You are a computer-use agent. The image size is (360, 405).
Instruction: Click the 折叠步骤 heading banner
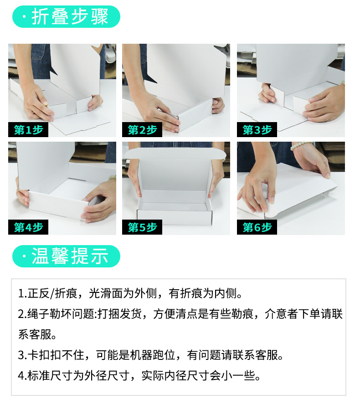(x=66, y=16)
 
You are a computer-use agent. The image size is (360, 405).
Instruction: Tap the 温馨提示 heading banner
(x=66, y=256)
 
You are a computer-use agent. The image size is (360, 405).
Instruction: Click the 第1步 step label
(x=28, y=129)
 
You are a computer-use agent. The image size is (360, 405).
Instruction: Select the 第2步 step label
(x=142, y=129)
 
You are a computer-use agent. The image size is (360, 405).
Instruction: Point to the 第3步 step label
(x=257, y=129)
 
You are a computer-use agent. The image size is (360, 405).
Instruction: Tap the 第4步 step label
(x=28, y=227)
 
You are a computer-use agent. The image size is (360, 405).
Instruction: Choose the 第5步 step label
(x=142, y=227)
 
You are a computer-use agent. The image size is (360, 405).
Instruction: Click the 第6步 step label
(x=257, y=227)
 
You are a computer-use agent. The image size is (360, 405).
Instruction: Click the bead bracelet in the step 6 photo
(x=302, y=146)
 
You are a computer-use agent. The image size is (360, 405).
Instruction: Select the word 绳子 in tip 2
(x=39, y=314)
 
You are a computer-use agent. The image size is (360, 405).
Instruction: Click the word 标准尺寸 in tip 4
(x=50, y=375)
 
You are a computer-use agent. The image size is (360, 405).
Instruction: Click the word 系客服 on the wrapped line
(x=35, y=334)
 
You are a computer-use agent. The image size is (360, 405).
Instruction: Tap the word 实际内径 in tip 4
(x=164, y=375)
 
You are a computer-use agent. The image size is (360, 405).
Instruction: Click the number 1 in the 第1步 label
(x=28, y=130)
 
